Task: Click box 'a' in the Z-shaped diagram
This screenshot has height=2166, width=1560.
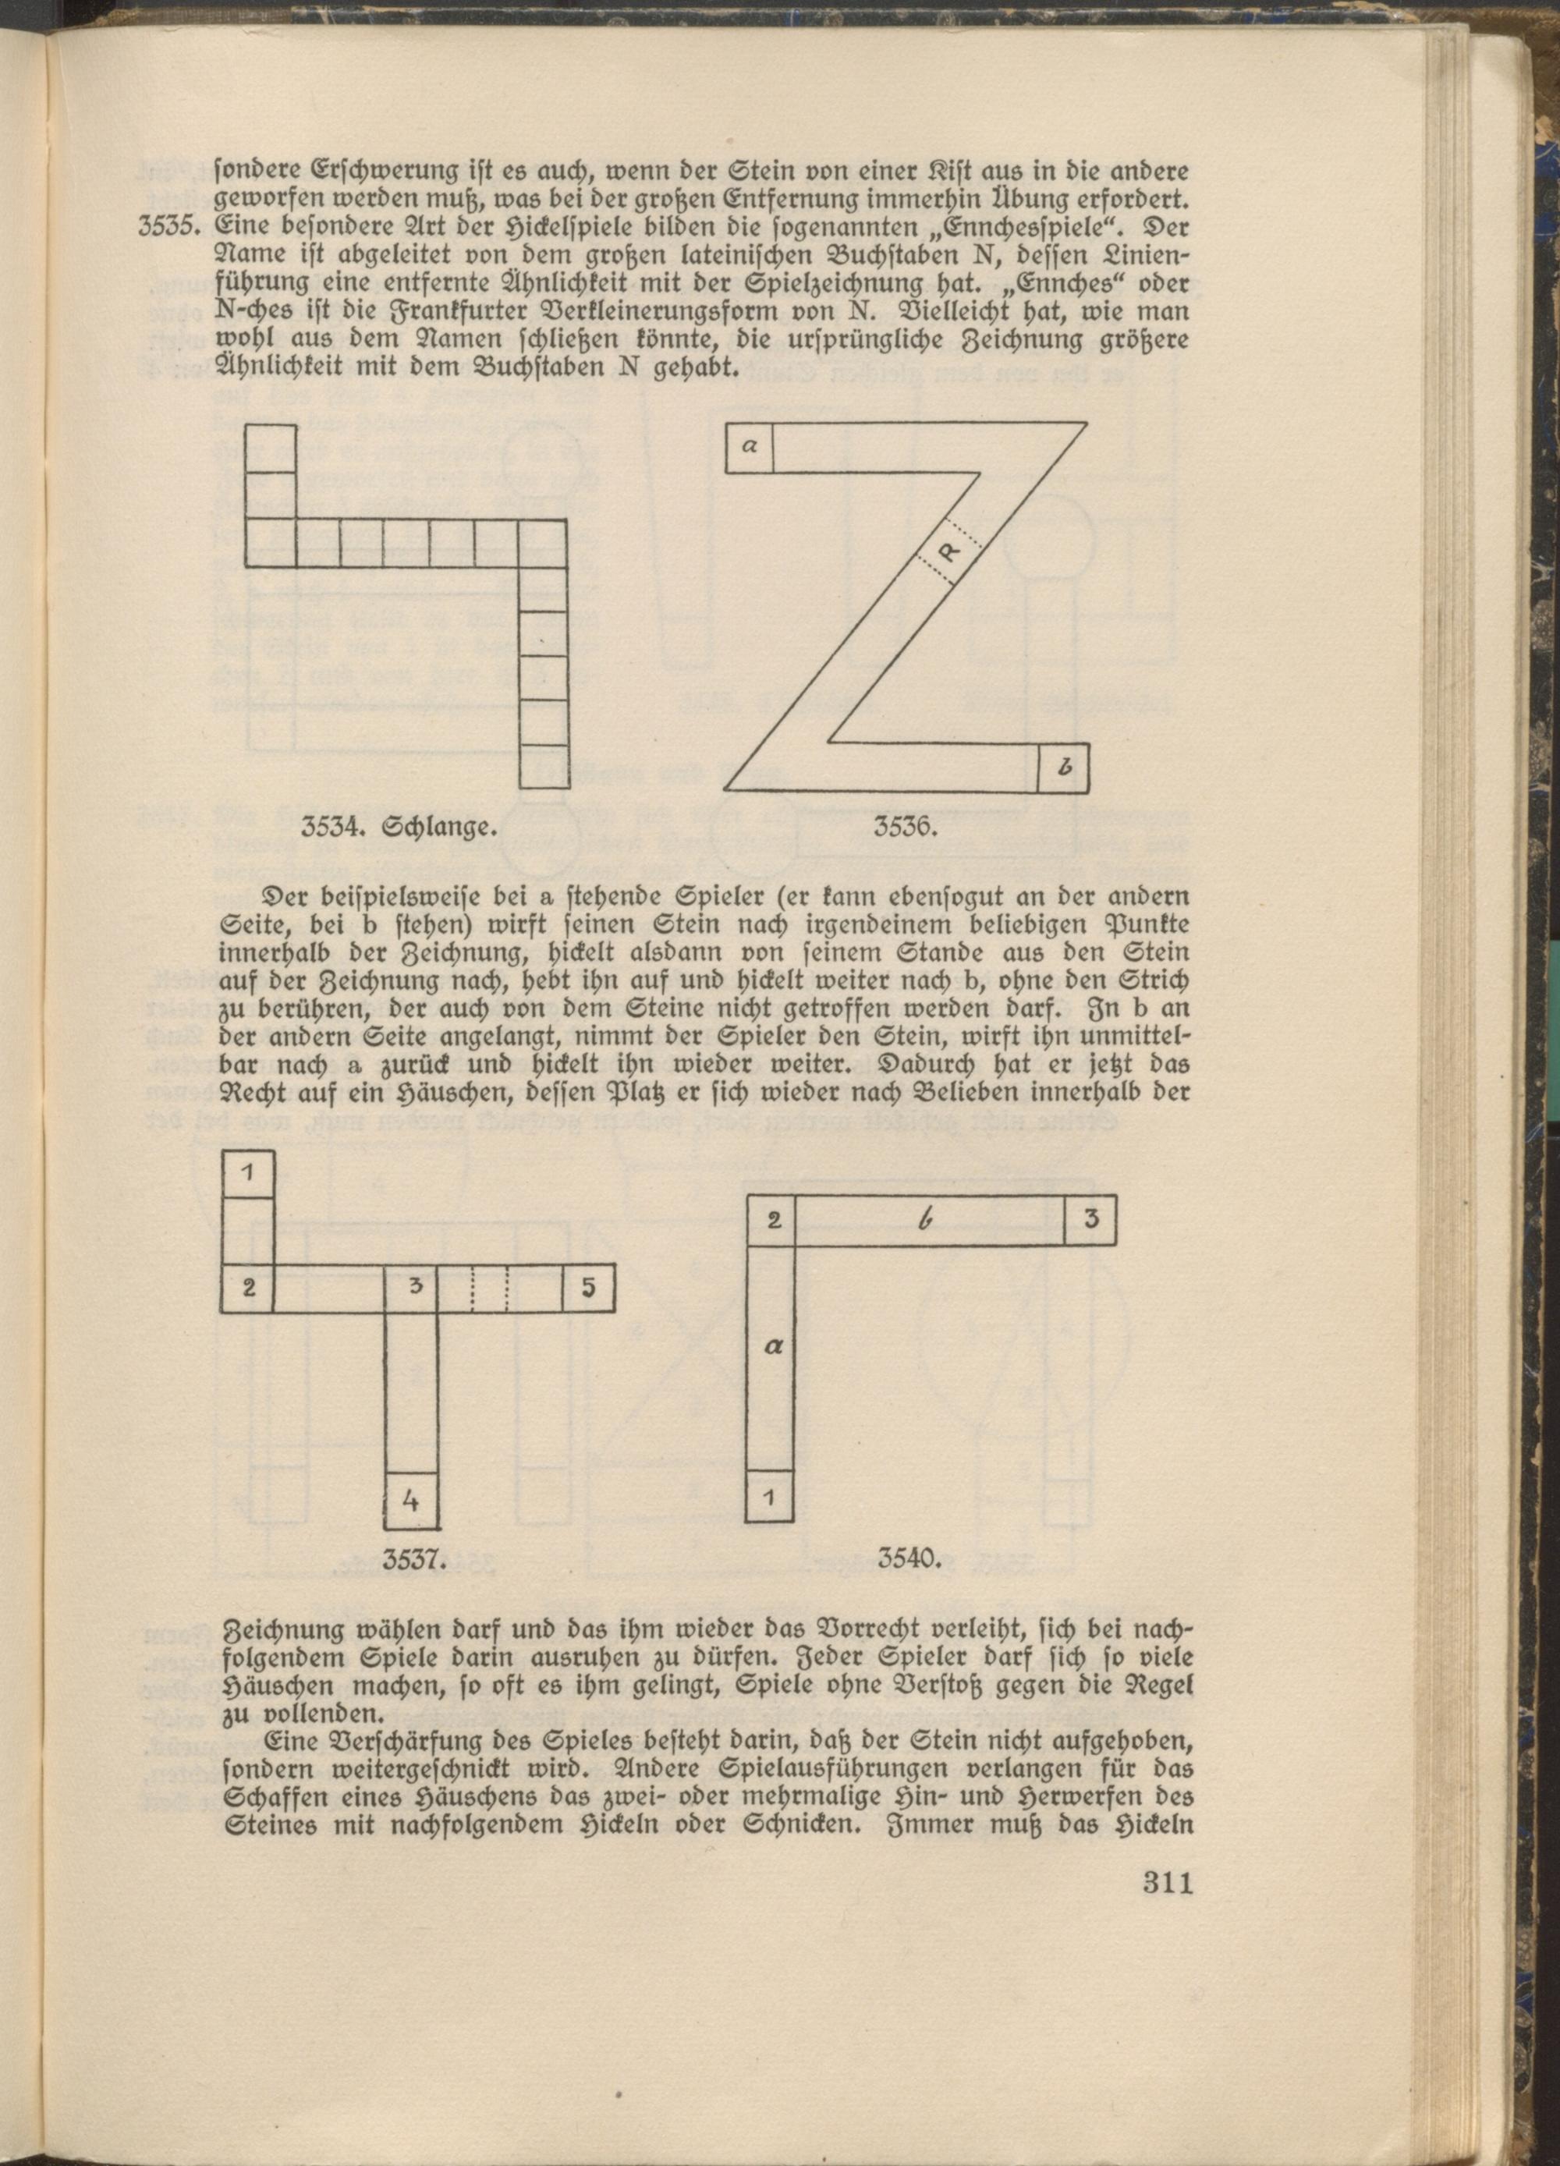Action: (x=750, y=446)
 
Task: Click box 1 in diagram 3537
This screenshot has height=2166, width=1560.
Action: (x=247, y=1175)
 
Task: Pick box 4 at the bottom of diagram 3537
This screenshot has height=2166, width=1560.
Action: (x=412, y=1501)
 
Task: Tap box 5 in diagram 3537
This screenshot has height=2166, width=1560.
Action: (x=587, y=1289)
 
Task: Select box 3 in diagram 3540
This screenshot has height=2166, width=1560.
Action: (x=1090, y=1221)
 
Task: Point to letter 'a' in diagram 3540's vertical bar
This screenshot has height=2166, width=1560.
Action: (x=773, y=1346)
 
